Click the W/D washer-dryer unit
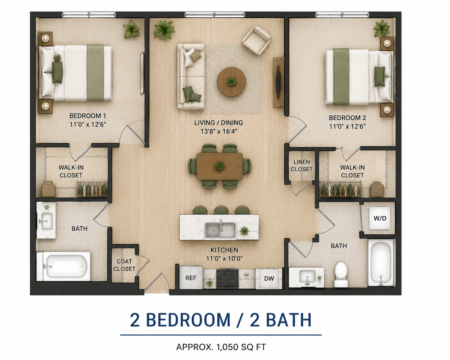tap(379, 218)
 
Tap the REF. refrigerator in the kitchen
tap(191, 278)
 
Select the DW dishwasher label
tap(269, 279)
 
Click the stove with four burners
tap(227, 279)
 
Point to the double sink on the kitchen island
tap(220, 230)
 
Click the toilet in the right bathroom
tap(341, 274)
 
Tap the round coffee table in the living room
tap(231, 81)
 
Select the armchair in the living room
tap(256, 40)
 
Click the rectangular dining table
tap(220, 166)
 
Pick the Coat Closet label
tap(124, 265)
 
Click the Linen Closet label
tap(301, 165)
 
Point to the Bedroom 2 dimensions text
tap(347, 126)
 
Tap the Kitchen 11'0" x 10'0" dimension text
tap(224, 259)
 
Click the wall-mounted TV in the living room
tap(279, 82)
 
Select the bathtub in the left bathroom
tap(64, 266)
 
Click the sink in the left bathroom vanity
tap(47, 221)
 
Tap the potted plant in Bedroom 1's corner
tap(131, 29)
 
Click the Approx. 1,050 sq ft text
tap(221, 347)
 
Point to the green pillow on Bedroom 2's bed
tap(379, 76)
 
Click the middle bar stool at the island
tap(221, 210)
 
